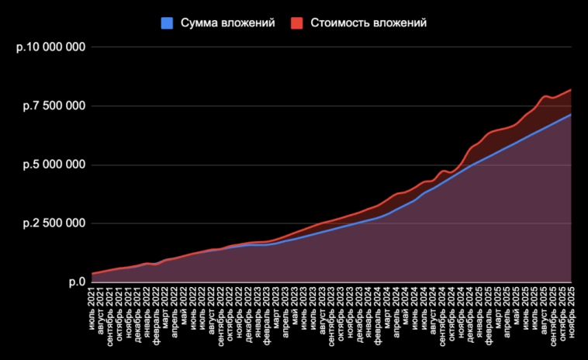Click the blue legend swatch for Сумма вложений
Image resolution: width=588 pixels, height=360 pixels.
167,23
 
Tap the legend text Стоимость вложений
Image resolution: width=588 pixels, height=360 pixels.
368,23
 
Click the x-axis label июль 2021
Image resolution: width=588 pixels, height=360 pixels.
92,303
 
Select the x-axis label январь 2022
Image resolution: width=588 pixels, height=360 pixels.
147,306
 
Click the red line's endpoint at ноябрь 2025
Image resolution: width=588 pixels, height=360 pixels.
571,90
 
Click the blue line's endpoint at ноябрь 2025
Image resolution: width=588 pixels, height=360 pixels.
571,115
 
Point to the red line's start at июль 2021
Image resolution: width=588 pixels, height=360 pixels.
92,273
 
